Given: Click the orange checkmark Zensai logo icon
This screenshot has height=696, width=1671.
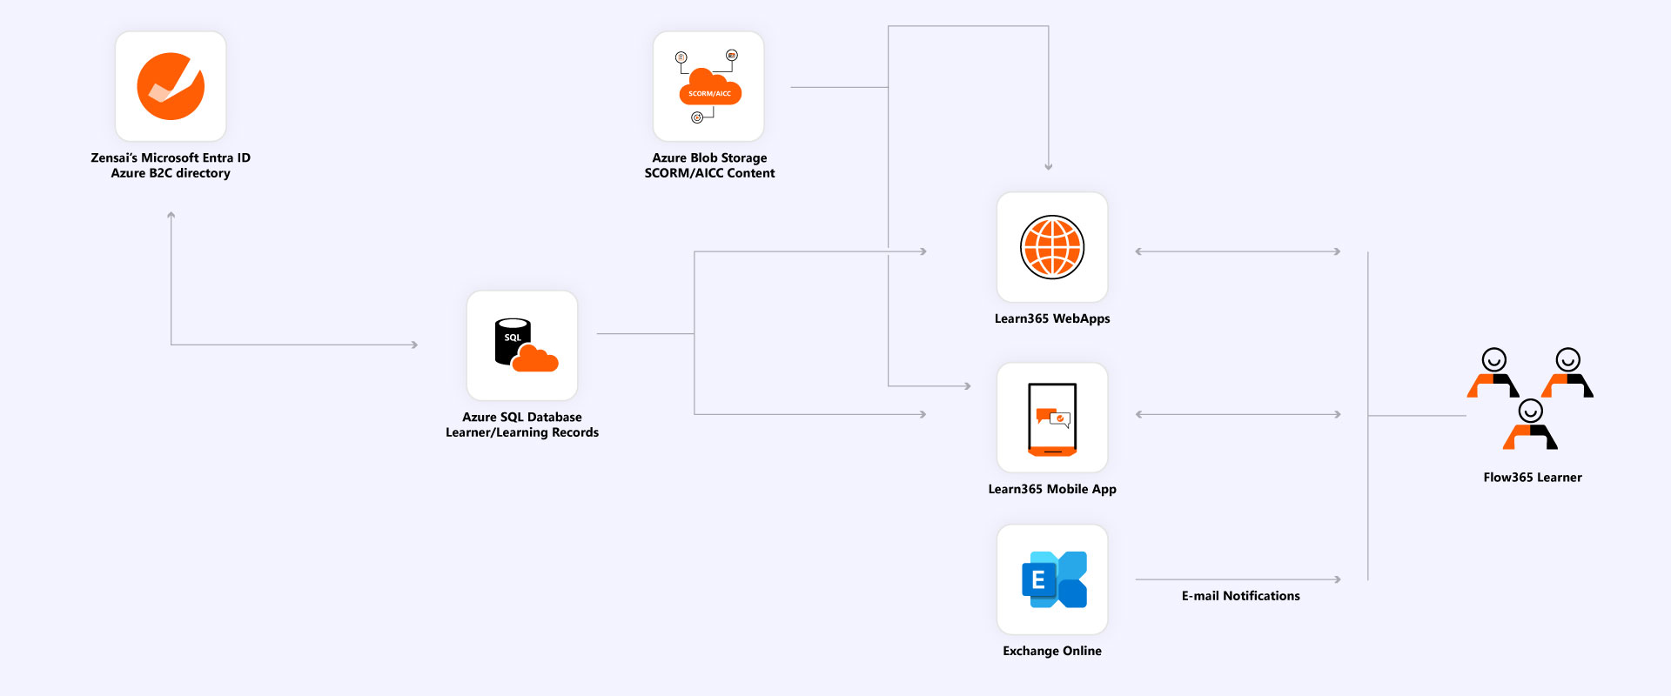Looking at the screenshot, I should point(171,86).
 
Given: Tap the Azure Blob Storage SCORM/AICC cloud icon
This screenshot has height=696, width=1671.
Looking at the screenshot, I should point(709,88).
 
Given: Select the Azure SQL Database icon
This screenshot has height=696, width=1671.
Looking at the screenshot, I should point(522,345).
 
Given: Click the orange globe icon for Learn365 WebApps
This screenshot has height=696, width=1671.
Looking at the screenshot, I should point(1052,247).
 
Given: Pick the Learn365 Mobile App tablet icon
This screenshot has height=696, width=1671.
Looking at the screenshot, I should point(1052,418).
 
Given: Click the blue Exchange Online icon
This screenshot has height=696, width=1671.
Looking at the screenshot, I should point(1052,579).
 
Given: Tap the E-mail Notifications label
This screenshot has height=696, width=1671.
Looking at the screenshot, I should point(1240,596).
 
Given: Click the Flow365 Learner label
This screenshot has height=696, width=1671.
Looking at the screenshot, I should point(1533,478).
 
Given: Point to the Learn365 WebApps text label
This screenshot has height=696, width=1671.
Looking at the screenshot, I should point(1052,318).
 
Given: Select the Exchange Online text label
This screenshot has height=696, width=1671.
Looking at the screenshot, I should point(1052,651).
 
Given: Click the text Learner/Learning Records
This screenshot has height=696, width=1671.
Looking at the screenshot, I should point(522,432).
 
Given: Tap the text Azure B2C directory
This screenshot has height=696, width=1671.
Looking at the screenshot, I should point(171,173).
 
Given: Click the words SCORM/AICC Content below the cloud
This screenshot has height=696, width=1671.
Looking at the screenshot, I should point(709,173).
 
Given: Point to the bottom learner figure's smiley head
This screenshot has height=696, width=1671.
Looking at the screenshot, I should point(1531,410).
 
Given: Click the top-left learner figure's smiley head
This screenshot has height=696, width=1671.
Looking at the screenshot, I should point(1494,359).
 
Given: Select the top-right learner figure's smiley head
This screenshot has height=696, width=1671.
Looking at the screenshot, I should point(1568,359).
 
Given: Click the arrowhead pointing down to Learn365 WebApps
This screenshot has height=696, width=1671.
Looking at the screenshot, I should point(1049,166).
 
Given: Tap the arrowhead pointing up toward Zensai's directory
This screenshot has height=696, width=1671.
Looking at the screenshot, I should point(171,215).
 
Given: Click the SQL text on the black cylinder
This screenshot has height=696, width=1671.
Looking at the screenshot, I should point(513,338).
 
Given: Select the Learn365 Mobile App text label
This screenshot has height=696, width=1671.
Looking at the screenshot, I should point(1052,489).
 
